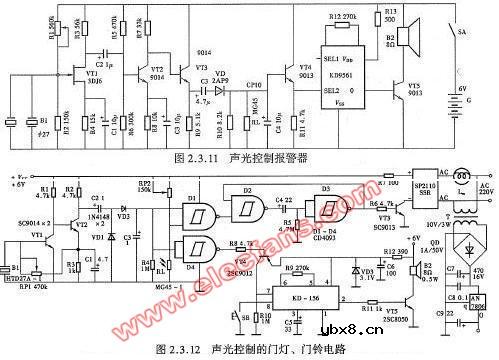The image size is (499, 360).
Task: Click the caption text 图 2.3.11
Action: tap(194, 157)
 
